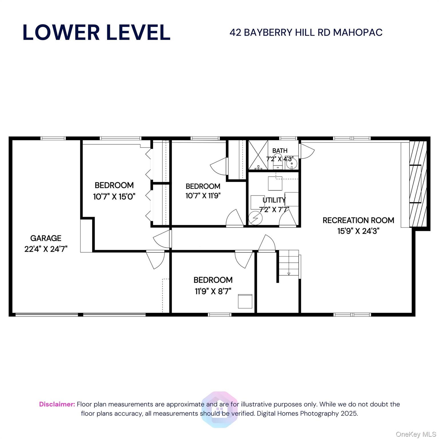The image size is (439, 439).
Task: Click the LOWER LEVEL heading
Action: (x=96, y=32)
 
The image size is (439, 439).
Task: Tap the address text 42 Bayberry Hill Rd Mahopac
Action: (x=306, y=33)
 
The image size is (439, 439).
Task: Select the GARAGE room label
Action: (x=46, y=238)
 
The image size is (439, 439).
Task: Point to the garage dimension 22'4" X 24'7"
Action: (x=46, y=249)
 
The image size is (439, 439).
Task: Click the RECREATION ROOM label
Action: (x=358, y=220)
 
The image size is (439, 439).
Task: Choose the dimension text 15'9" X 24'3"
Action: (x=358, y=231)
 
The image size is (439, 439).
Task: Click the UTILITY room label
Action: (x=274, y=200)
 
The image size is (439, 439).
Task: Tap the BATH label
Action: (x=280, y=151)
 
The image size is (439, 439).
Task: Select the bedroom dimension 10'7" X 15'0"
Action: (x=114, y=197)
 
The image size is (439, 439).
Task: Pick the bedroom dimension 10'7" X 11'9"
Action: (x=203, y=196)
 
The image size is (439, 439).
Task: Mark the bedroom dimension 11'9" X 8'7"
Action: (x=213, y=291)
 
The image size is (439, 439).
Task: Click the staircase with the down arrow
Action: (x=289, y=263)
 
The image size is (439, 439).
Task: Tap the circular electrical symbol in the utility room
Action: (x=255, y=219)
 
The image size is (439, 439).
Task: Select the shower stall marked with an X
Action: (x=258, y=155)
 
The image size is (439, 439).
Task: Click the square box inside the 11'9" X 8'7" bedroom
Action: (x=245, y=301)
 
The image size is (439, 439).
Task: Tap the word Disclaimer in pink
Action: (x=57, y=404)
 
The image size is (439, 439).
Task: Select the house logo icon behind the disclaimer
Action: (x=219, y=410)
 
